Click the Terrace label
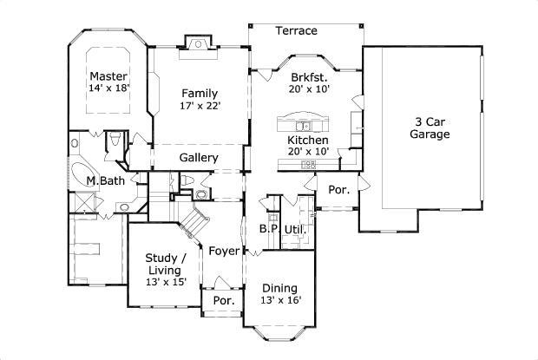pyautogui.click(x=297, y=31)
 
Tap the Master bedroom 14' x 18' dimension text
pyautogui.click(x=108, y=88)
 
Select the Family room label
pyautogui.click(x=200, y=94)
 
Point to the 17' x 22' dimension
pyautogui.click(x=200, y=106)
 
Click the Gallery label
pyautogui.click(x=199, y=158)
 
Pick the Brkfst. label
pyautogui.click(x=309, y=76)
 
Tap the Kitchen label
pyautogui.click(x=308, y=141)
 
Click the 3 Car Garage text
pyautogui.click(x=430, y=128)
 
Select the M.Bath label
pyautogui.click(x=105, y=180)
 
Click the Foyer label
pyautogui.click(x=224, y=251)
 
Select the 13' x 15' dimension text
pyautogui.click(x=166, y=282)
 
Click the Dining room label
pyautogui.click(x=279, y=288)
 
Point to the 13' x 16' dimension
pyautogui.click(x=281, y=300)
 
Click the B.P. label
pyautogui.click(x=269, y=229)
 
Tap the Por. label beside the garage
pyautogui.click(x=339, y=190)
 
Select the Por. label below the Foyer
pyautogui.click(x=224, y=301)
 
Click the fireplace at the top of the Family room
pyautogui.click(x=199, y=47)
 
